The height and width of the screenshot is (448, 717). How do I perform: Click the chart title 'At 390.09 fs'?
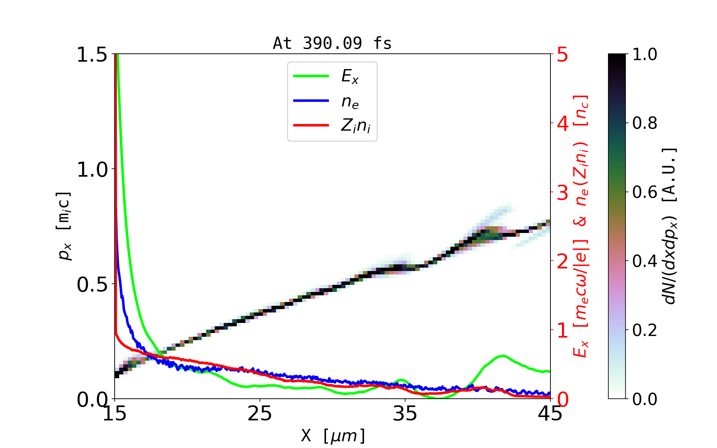[332, 43]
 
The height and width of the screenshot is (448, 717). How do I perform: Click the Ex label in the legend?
[350, 77]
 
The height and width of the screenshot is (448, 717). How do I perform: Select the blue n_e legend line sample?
[311, 101]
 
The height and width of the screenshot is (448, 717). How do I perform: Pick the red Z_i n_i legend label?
[356, 126]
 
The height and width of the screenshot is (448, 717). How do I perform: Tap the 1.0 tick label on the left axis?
[92, 169]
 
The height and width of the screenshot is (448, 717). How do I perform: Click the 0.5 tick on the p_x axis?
[92, 284]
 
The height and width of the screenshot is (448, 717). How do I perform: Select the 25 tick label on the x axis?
[260, 413]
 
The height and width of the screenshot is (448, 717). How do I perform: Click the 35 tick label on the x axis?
[405, 413]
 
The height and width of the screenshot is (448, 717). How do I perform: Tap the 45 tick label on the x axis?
[550, 413]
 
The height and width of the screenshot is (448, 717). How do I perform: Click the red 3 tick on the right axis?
[562, 193]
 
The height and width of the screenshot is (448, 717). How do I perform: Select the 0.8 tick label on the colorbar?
[645, 123]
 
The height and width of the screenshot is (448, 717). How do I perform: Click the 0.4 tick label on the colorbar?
[645, 261]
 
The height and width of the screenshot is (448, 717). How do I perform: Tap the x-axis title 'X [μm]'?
[333, 435]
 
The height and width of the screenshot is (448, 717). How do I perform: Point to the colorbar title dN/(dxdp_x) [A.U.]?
[670, 226]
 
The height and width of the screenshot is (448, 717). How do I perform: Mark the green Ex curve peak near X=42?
[503, 356]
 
